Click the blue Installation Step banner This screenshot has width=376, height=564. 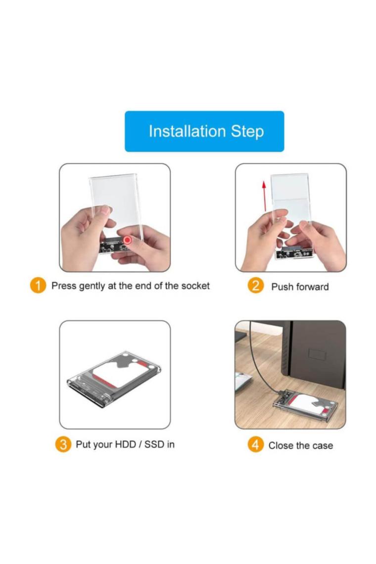[x=204, y=131]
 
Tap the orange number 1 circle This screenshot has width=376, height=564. [x=38, y=285]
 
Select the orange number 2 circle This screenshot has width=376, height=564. [x=255, y=285]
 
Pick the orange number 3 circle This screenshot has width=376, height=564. [x=63, y=444]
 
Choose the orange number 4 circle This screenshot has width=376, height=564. [x=255, y=445]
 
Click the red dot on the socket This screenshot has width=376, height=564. [x=127, y=240]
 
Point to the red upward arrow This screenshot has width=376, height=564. [x=264, y=196]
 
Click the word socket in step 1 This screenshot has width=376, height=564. [x=195, y=285]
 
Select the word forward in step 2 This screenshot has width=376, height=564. [x=311, y=286]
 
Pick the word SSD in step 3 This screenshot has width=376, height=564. [x=154, y=444]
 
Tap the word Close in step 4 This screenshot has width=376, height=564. [x=281, y=446]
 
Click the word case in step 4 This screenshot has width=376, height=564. [x=323, y=446]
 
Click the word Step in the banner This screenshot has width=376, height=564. [x=247, y=132]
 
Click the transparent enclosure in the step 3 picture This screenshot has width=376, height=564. [x=114, y=379]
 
